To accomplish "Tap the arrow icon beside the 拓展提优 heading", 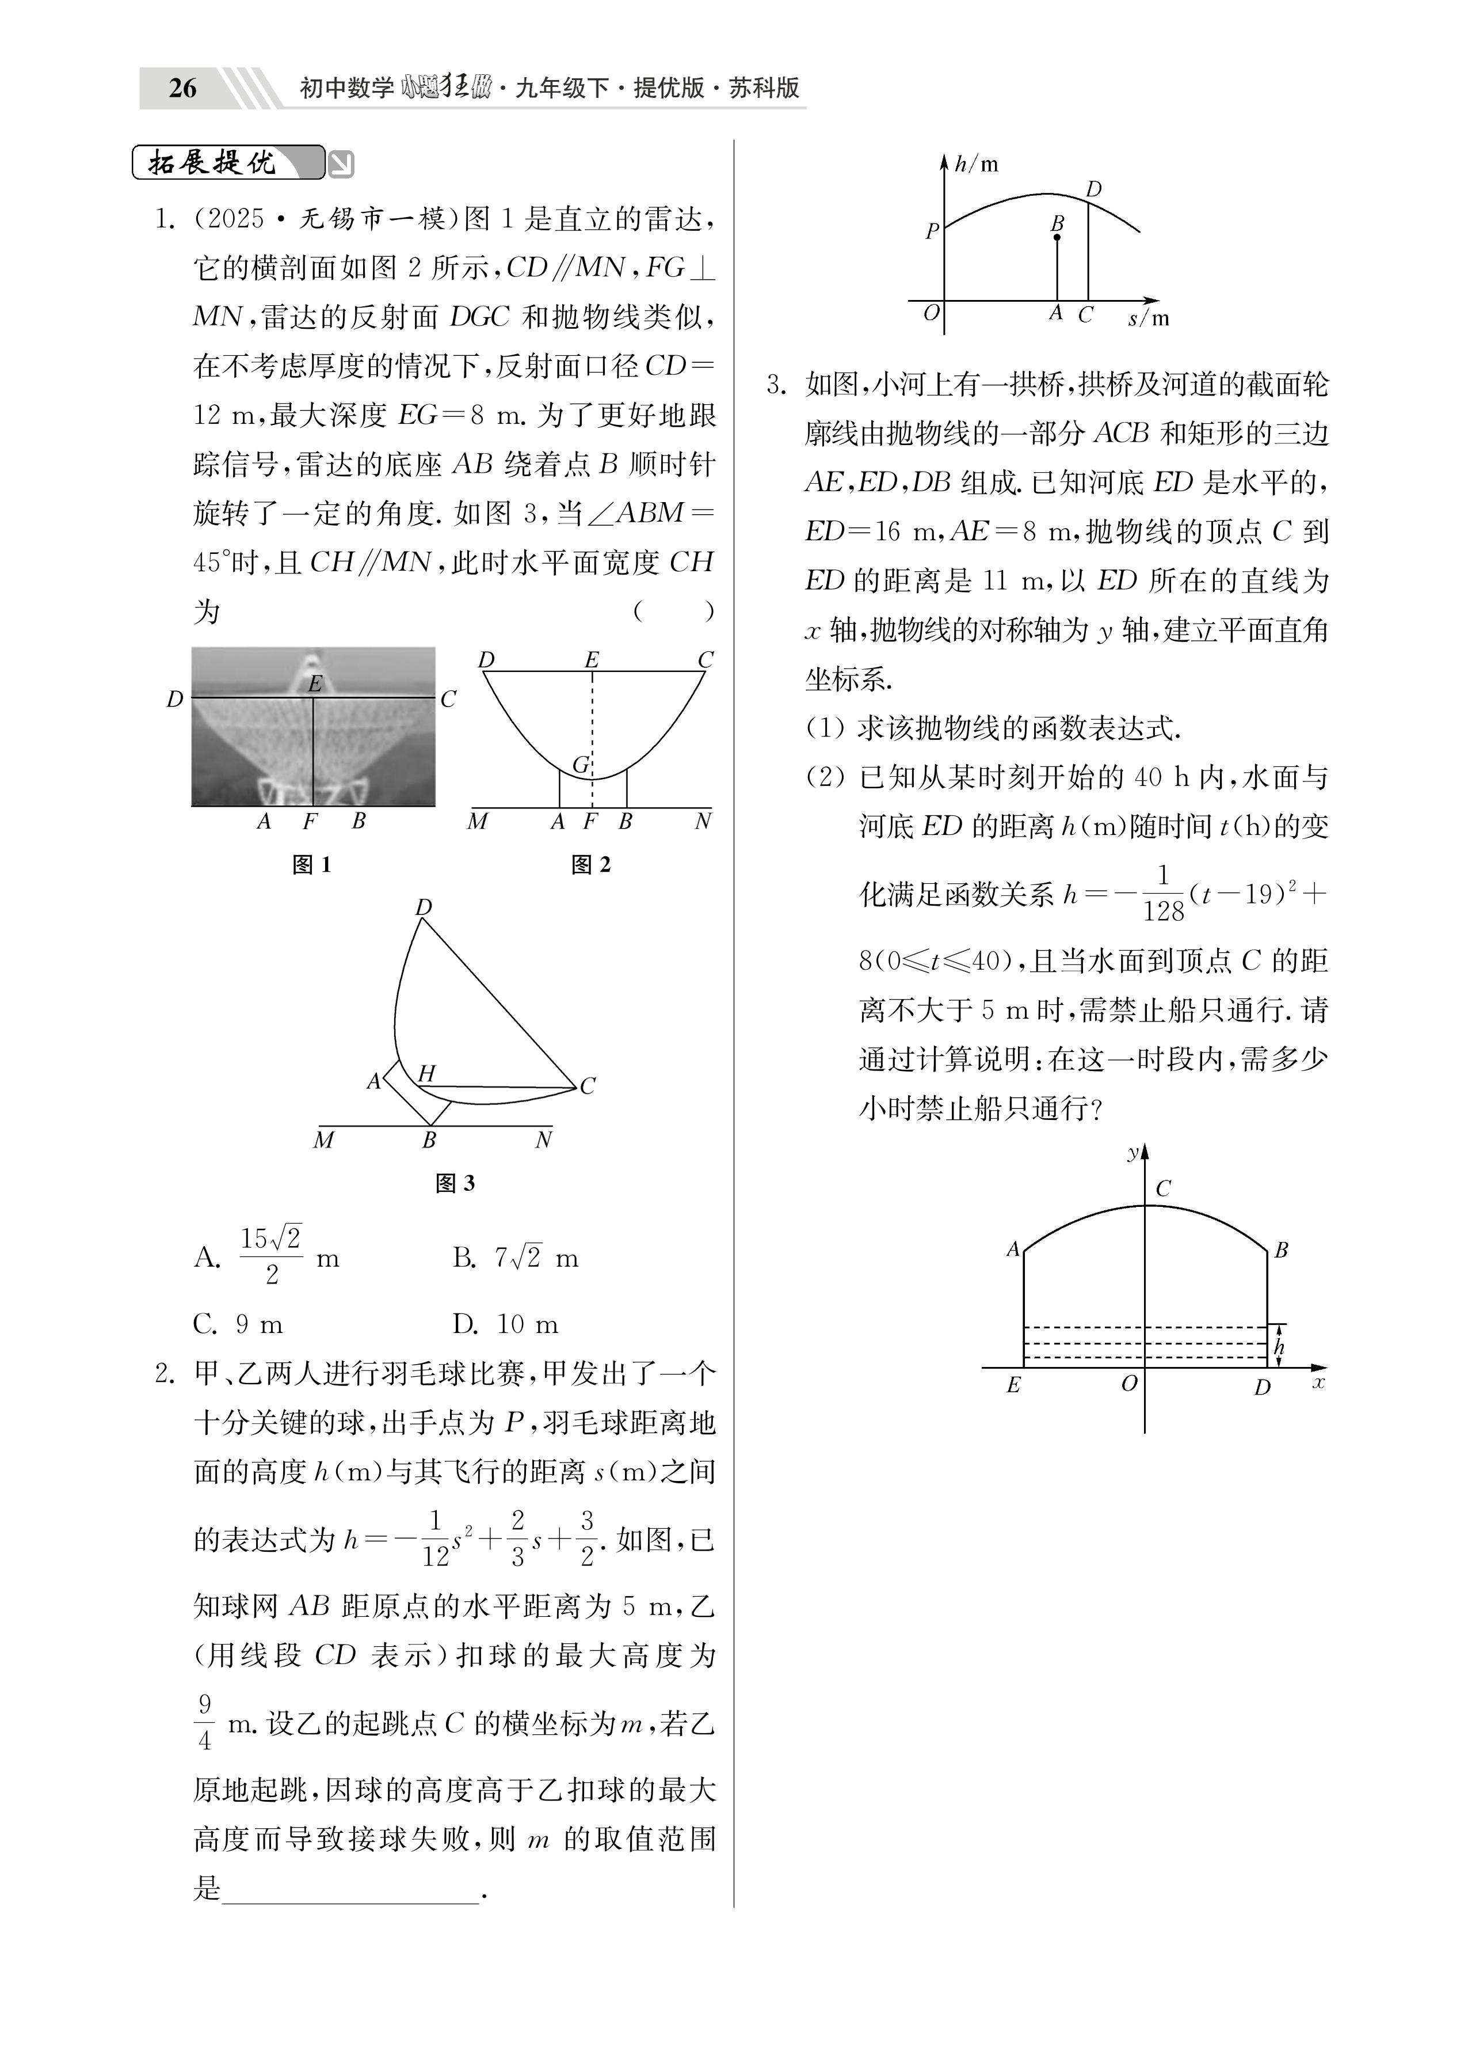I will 341,164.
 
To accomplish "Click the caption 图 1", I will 312,865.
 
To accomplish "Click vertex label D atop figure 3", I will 423,907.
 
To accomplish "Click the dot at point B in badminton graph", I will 1058,237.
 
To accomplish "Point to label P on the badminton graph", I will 932,231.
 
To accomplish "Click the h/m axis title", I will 976,164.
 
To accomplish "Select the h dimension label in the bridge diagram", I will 1279,1347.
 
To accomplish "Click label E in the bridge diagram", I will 1013,1385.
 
